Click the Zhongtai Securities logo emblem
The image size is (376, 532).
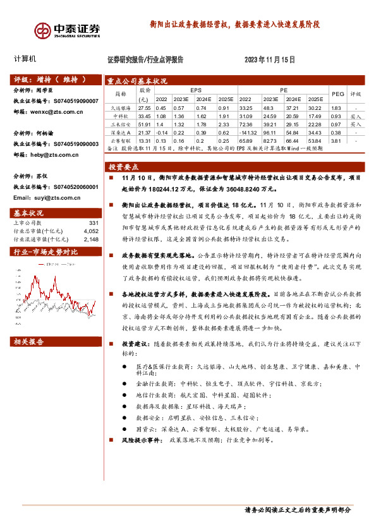tap(43, 30)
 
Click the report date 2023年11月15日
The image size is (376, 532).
tap(269, 59)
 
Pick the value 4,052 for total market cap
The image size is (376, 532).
tap(90, 231)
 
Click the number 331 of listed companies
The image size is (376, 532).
tap(94, 223)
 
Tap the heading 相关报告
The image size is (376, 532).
tap(29, 341)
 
